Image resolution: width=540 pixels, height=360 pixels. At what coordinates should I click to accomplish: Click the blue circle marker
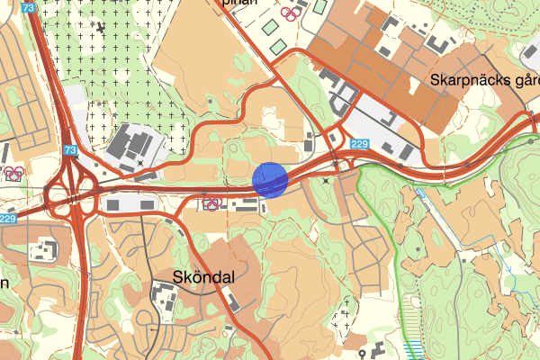[270, 179]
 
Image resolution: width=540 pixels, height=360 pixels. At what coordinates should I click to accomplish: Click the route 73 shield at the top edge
[31, 7]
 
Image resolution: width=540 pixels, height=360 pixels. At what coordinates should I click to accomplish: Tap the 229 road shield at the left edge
[8, 219]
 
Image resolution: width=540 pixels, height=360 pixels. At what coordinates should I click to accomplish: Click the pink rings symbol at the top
[288, 13]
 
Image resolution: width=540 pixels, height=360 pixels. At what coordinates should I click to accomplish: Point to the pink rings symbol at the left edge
[13, 173]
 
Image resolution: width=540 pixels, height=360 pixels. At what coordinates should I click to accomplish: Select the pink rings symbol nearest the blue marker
[212, 203]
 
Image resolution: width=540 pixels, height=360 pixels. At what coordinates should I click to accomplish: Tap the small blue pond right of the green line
[420, 193]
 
